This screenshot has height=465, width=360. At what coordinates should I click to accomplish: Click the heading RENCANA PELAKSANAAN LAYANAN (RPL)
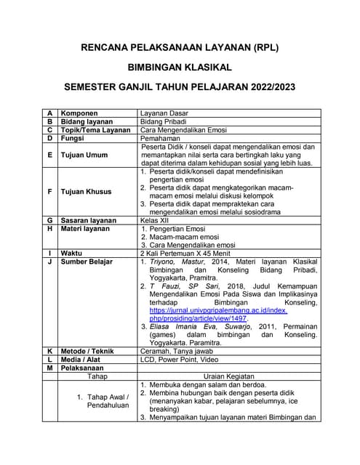pyautogui.click(x=180, y=47)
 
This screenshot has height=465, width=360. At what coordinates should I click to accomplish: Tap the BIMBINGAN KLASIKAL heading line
pyautogui.click(x=180, y=68)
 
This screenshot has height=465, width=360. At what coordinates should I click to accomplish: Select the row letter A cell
pyautogui.click(x=49, y=114)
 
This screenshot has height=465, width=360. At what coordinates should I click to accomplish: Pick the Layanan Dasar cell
pyautogui.click(x=167, y=114)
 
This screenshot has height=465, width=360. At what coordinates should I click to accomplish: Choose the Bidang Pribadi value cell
pyautogui.click(x=167, y=122)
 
